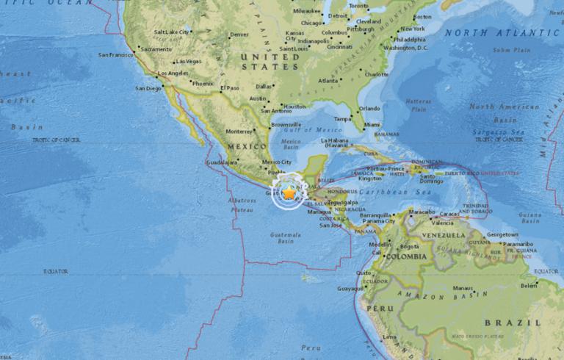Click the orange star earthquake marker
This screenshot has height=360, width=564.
pyautogui.click(x=289, y=192)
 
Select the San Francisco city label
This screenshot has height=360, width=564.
pyautogui.click(x=116, y=55)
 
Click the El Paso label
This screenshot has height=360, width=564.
pyautogui.click(x=231, y=88)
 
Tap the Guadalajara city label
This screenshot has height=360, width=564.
pyautogui.click(x=222, y=162)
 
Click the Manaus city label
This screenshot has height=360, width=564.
pyautogui.click(x=462, y=287)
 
